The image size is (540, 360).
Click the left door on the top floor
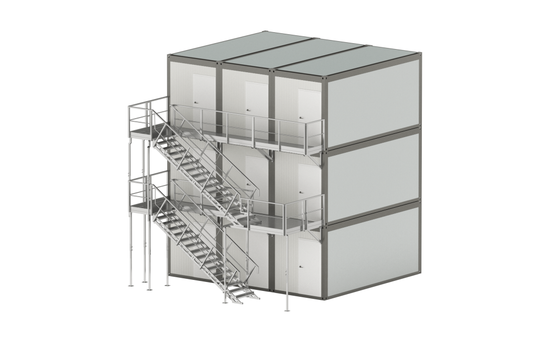click(204, 95)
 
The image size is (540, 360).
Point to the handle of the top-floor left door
click(196, 102)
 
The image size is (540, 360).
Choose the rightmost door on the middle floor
click(309, 184)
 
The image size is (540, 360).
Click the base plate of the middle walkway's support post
click(287, 310)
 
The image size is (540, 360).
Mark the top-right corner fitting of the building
click(420, 54)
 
